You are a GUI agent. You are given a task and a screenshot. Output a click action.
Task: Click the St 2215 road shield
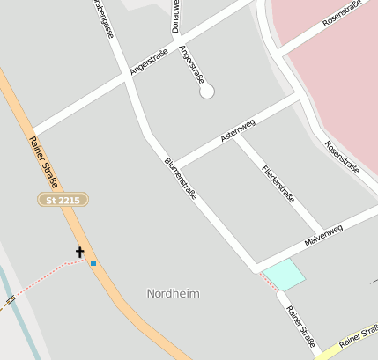[63, 201]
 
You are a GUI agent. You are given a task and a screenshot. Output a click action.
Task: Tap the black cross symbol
[80, 253]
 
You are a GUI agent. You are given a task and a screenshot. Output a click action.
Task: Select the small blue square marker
[93, 262]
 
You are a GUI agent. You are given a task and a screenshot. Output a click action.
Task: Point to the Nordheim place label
[173, 293]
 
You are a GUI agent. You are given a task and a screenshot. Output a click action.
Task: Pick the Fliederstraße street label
[278, 183]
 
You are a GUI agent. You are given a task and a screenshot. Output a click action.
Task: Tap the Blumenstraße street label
[180, 178]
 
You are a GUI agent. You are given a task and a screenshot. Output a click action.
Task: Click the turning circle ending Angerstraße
[207, 91]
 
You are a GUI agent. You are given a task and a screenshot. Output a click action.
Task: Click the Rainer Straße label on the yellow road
[358, 337]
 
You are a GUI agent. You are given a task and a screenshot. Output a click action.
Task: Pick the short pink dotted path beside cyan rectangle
[266, 282]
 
